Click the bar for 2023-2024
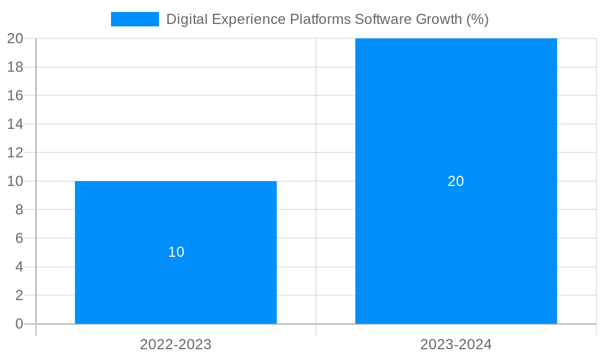(456, 240)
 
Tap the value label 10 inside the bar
(176, 252)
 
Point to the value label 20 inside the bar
(456, 181)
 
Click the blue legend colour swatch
(135, 19)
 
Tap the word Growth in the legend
(440, 19)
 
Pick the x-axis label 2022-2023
(176, 344)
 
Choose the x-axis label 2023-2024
(456, 344)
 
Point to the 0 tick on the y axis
(19, 324)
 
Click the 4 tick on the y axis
(19, 267)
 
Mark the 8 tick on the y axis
(19, 210)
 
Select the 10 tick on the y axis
(15, 181)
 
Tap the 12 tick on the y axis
(15, 153)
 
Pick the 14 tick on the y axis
(15, 124)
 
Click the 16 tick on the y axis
(15, 95)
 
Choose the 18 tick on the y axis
(15, 67)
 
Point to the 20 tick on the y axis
(15, 38)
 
